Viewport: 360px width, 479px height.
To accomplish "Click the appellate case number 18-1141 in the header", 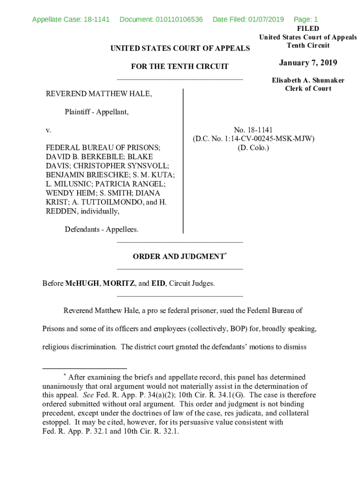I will point(96,19).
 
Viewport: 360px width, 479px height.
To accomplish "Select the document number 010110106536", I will point(179,19).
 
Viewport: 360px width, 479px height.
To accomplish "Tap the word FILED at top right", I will point(308,29).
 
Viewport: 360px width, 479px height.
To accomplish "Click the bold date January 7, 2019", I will point(308,63).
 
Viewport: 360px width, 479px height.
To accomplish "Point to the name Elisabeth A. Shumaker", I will point(308,80).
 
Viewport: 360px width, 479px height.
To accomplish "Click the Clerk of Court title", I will point(308,88).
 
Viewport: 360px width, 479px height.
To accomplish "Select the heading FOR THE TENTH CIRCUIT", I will point(180,66).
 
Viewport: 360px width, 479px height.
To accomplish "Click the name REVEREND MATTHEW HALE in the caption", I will point(98,94).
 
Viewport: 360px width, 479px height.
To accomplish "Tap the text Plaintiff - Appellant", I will point(97,112).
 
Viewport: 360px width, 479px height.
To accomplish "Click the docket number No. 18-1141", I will point(253,130).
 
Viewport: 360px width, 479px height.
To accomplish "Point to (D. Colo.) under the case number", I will point(253,147).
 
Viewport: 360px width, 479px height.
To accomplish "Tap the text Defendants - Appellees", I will point(101,229).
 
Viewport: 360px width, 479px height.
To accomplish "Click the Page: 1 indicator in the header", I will point(305,19).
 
